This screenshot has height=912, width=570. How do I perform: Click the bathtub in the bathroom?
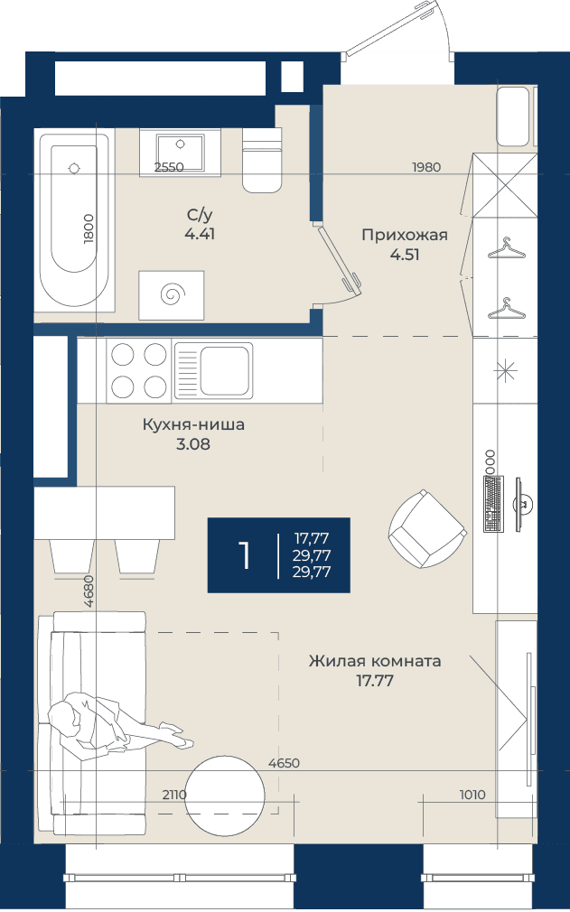point(74,220)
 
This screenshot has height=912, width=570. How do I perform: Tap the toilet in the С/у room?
point(262,161)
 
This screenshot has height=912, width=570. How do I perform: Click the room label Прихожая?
point(405,235)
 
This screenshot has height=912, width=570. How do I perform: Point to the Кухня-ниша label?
point(193,424)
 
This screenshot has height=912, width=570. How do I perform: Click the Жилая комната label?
point(375,661)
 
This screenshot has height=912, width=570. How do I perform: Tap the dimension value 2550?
point(169,168)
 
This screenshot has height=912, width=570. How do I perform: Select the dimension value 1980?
point(426,168)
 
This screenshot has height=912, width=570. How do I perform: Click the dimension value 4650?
point(285,763)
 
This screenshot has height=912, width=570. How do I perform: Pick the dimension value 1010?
point(472,796)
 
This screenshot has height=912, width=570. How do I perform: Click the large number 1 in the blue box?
point(245,555)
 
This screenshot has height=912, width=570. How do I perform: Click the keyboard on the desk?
point(493,504)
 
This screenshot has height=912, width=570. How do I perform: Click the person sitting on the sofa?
point(117,724)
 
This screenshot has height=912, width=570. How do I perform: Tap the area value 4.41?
point(200,235)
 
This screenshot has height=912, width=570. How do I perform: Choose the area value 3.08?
point(193,445)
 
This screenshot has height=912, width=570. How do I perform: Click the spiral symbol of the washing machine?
point(172,294)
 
